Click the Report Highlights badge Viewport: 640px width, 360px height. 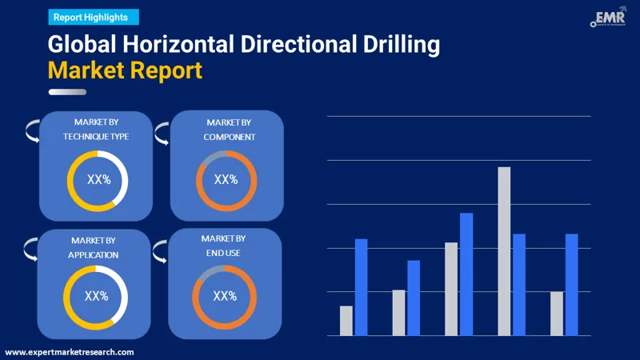94,17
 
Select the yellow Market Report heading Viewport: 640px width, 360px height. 125,71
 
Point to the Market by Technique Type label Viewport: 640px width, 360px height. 96,129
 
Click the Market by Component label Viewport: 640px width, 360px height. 229,129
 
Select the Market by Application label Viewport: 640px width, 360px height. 94,247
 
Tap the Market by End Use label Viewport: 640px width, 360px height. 223,246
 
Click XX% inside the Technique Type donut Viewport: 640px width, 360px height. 98,181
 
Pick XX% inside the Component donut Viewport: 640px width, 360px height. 226,180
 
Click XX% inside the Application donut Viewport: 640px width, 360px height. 96,297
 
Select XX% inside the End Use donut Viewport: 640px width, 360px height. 224,297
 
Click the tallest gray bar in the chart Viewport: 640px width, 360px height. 504,251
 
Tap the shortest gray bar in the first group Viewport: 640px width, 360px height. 346,321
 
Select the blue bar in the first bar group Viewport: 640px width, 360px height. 361,287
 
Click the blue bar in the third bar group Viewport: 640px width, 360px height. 466,274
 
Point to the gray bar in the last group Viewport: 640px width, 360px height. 557,314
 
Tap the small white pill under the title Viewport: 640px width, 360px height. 67,92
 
